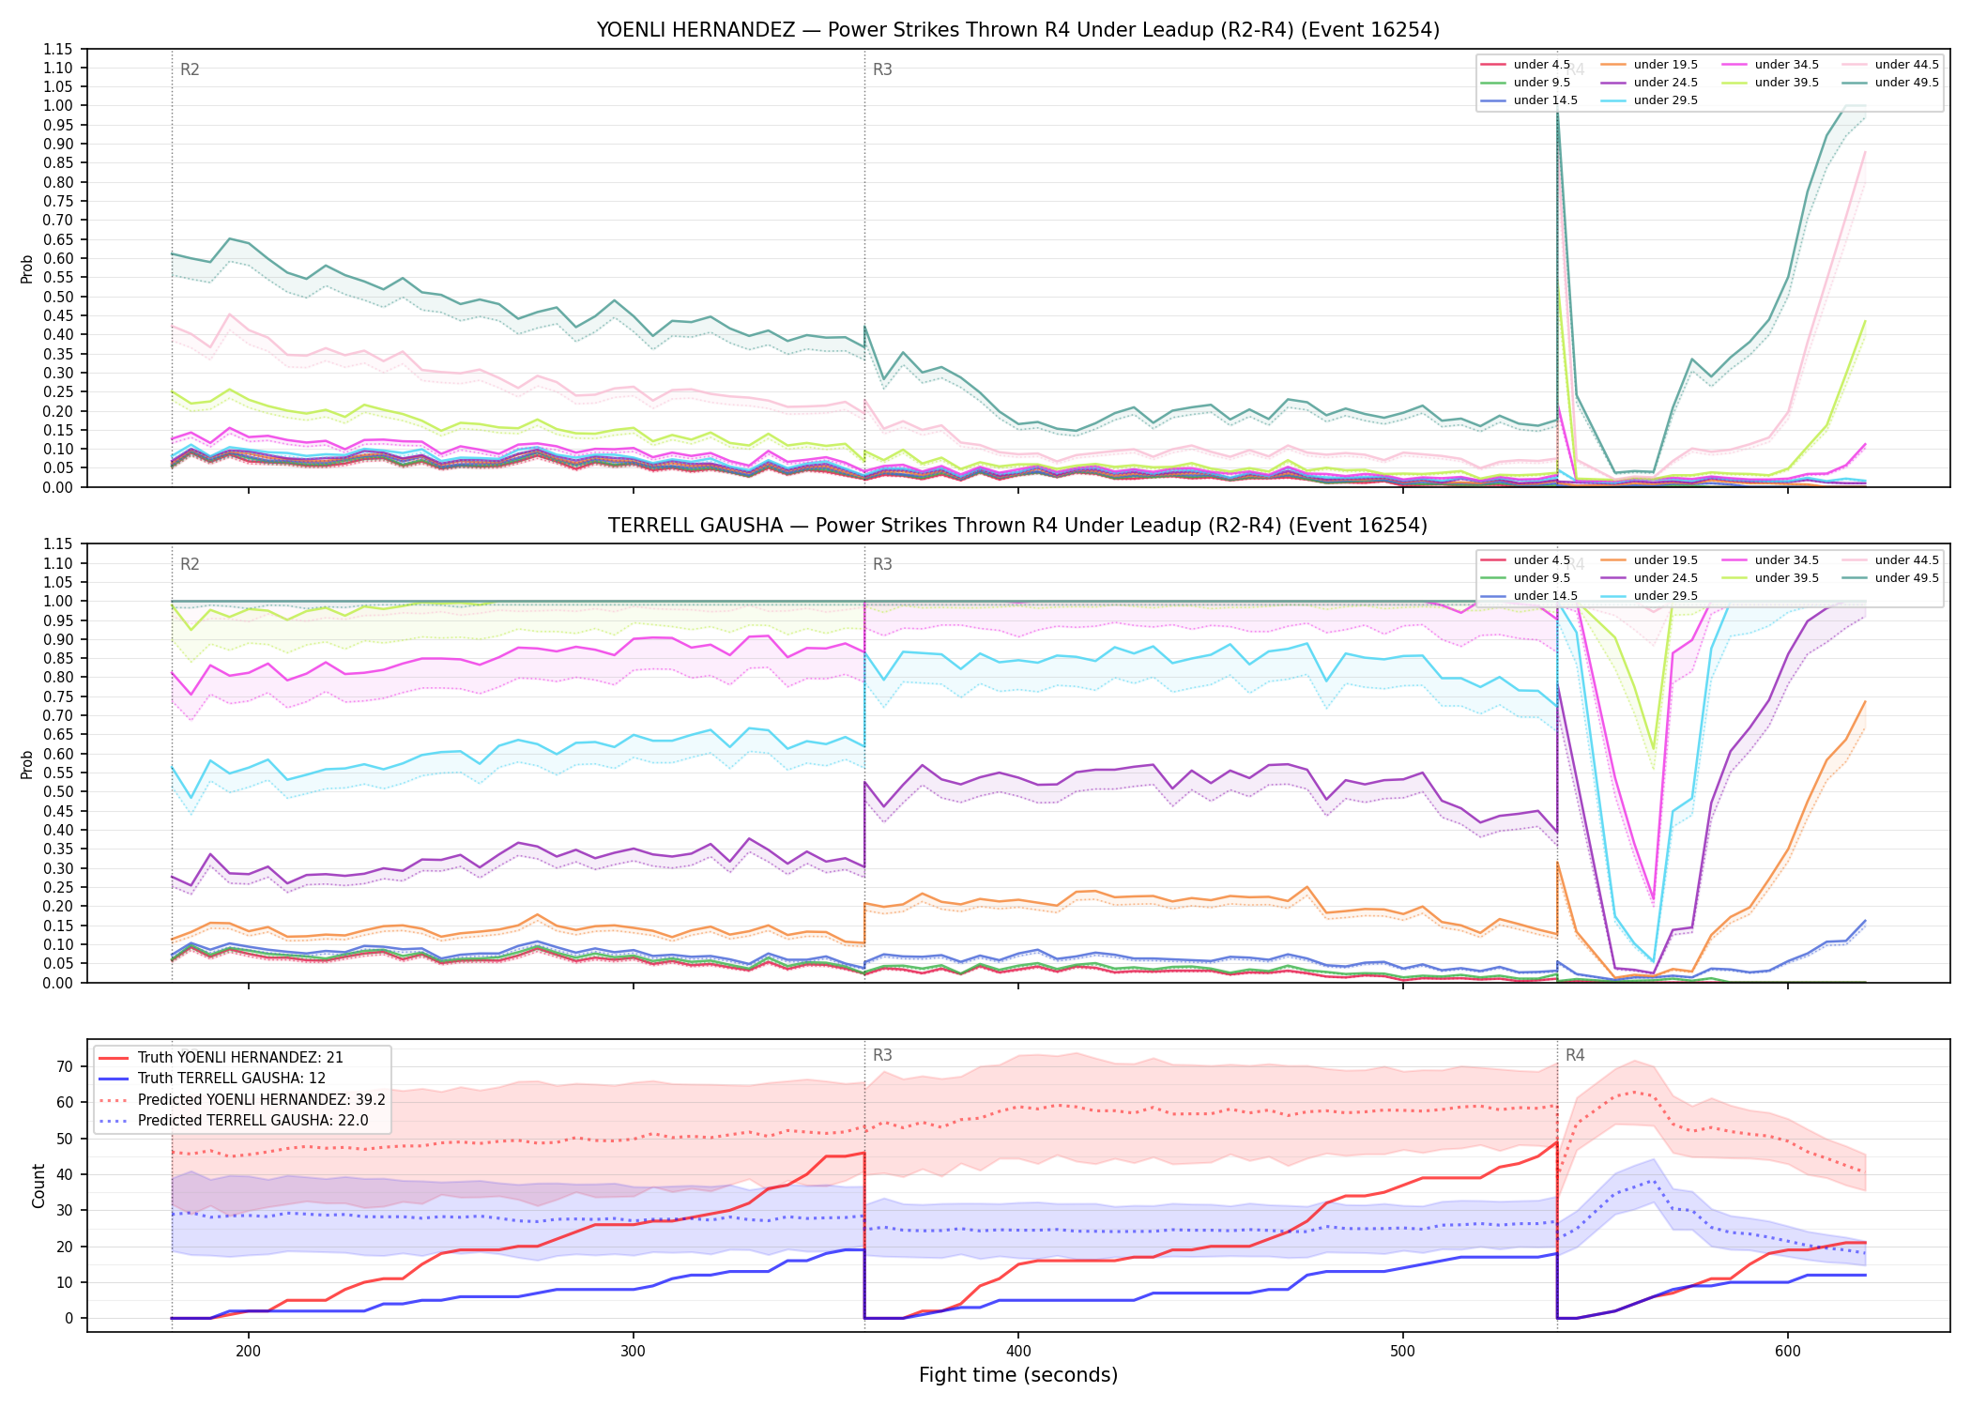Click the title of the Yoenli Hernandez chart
1017,30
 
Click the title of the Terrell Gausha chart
1017,526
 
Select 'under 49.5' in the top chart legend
1906,83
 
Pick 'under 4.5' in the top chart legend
1541,65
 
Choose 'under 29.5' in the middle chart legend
1665,596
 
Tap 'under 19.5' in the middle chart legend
1665,560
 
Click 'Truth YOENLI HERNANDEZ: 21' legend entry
240,1058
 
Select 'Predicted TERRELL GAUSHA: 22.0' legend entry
261,1121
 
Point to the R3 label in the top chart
882,69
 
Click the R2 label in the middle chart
190,564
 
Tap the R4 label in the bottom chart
1575,1055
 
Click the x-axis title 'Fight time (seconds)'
1018,1375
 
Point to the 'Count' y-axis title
38,1186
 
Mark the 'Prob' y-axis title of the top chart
27,268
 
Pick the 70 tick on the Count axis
65,1066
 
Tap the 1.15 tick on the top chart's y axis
59,49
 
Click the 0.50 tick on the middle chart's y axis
59,792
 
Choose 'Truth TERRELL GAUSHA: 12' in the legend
232,1079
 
